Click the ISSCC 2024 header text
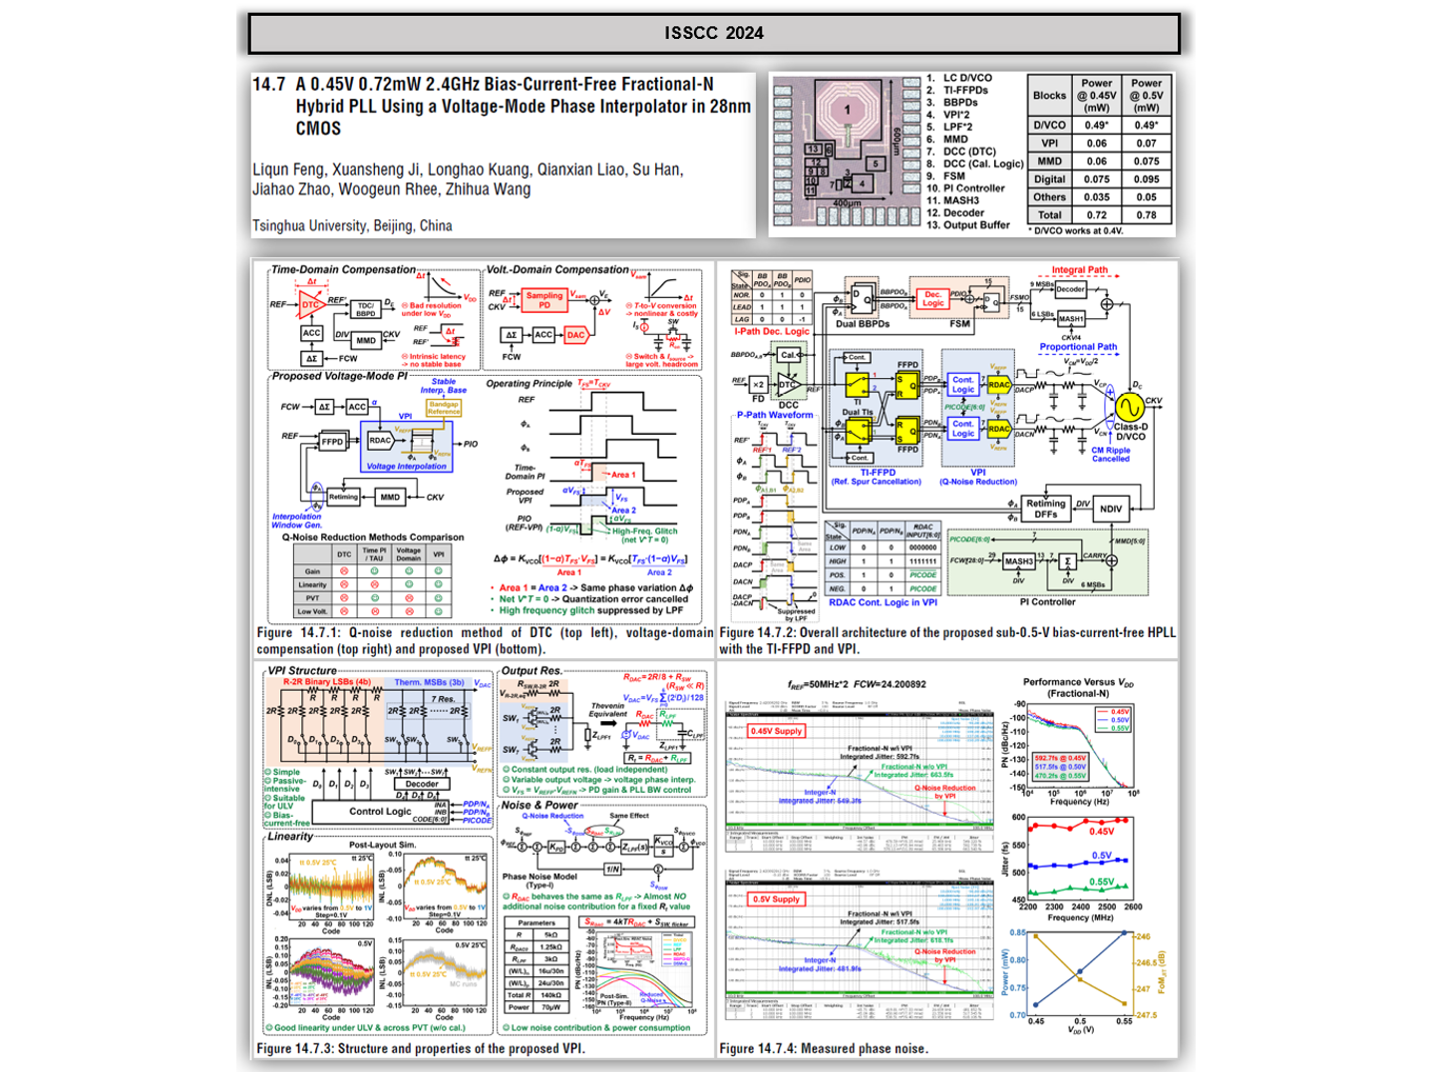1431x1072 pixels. click(714, 33)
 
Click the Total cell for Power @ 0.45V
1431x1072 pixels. click(1096, 214)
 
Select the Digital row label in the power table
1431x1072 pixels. click(1049, 179)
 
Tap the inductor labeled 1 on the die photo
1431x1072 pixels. click(847, 111)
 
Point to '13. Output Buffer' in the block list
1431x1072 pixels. click(967, 225)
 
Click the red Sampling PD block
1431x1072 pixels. click(544, 300)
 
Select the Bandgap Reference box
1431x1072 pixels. click(444, 408)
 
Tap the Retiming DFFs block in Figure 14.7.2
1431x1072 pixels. click(1045, 509)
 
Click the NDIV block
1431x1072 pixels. click(1111, 509)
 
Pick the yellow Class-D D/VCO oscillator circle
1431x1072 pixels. click(1129, 407)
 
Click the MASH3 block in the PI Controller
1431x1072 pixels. click(1018, 561)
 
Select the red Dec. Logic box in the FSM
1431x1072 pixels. click(932, 299)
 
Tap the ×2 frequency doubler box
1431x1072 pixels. click(758, 384)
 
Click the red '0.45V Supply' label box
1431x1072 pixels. click(777, 731)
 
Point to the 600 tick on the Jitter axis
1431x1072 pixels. click(1018, 818)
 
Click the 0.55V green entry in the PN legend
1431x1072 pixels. click(1119, 728)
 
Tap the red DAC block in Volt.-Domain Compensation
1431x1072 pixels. click(575, 336)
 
